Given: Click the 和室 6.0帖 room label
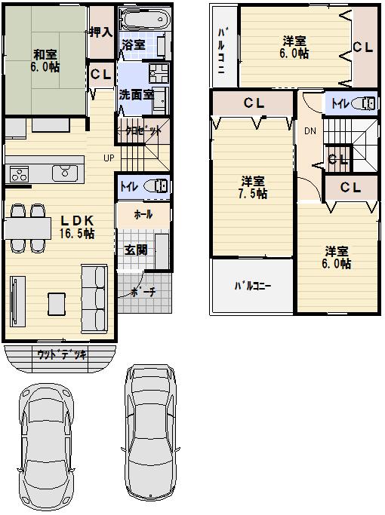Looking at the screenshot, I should (46, 60).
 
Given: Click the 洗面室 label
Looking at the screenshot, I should (136, 96).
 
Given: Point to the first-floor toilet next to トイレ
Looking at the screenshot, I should (156, 186).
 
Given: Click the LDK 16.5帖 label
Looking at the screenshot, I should (77, 226).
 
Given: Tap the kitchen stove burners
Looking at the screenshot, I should (18, 174).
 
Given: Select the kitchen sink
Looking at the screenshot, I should (62, 174).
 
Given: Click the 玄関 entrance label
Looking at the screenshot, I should (136, 250).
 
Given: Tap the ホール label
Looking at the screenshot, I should (143, 214).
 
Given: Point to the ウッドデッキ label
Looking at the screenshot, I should (62, 354).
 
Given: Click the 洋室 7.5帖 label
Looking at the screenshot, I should (253, 187).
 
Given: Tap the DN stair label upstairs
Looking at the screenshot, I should (310, 131).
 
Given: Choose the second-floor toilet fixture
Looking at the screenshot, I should (364, 103).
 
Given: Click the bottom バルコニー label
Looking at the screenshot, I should (251, 287).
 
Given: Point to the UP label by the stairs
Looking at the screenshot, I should (109, 158).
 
